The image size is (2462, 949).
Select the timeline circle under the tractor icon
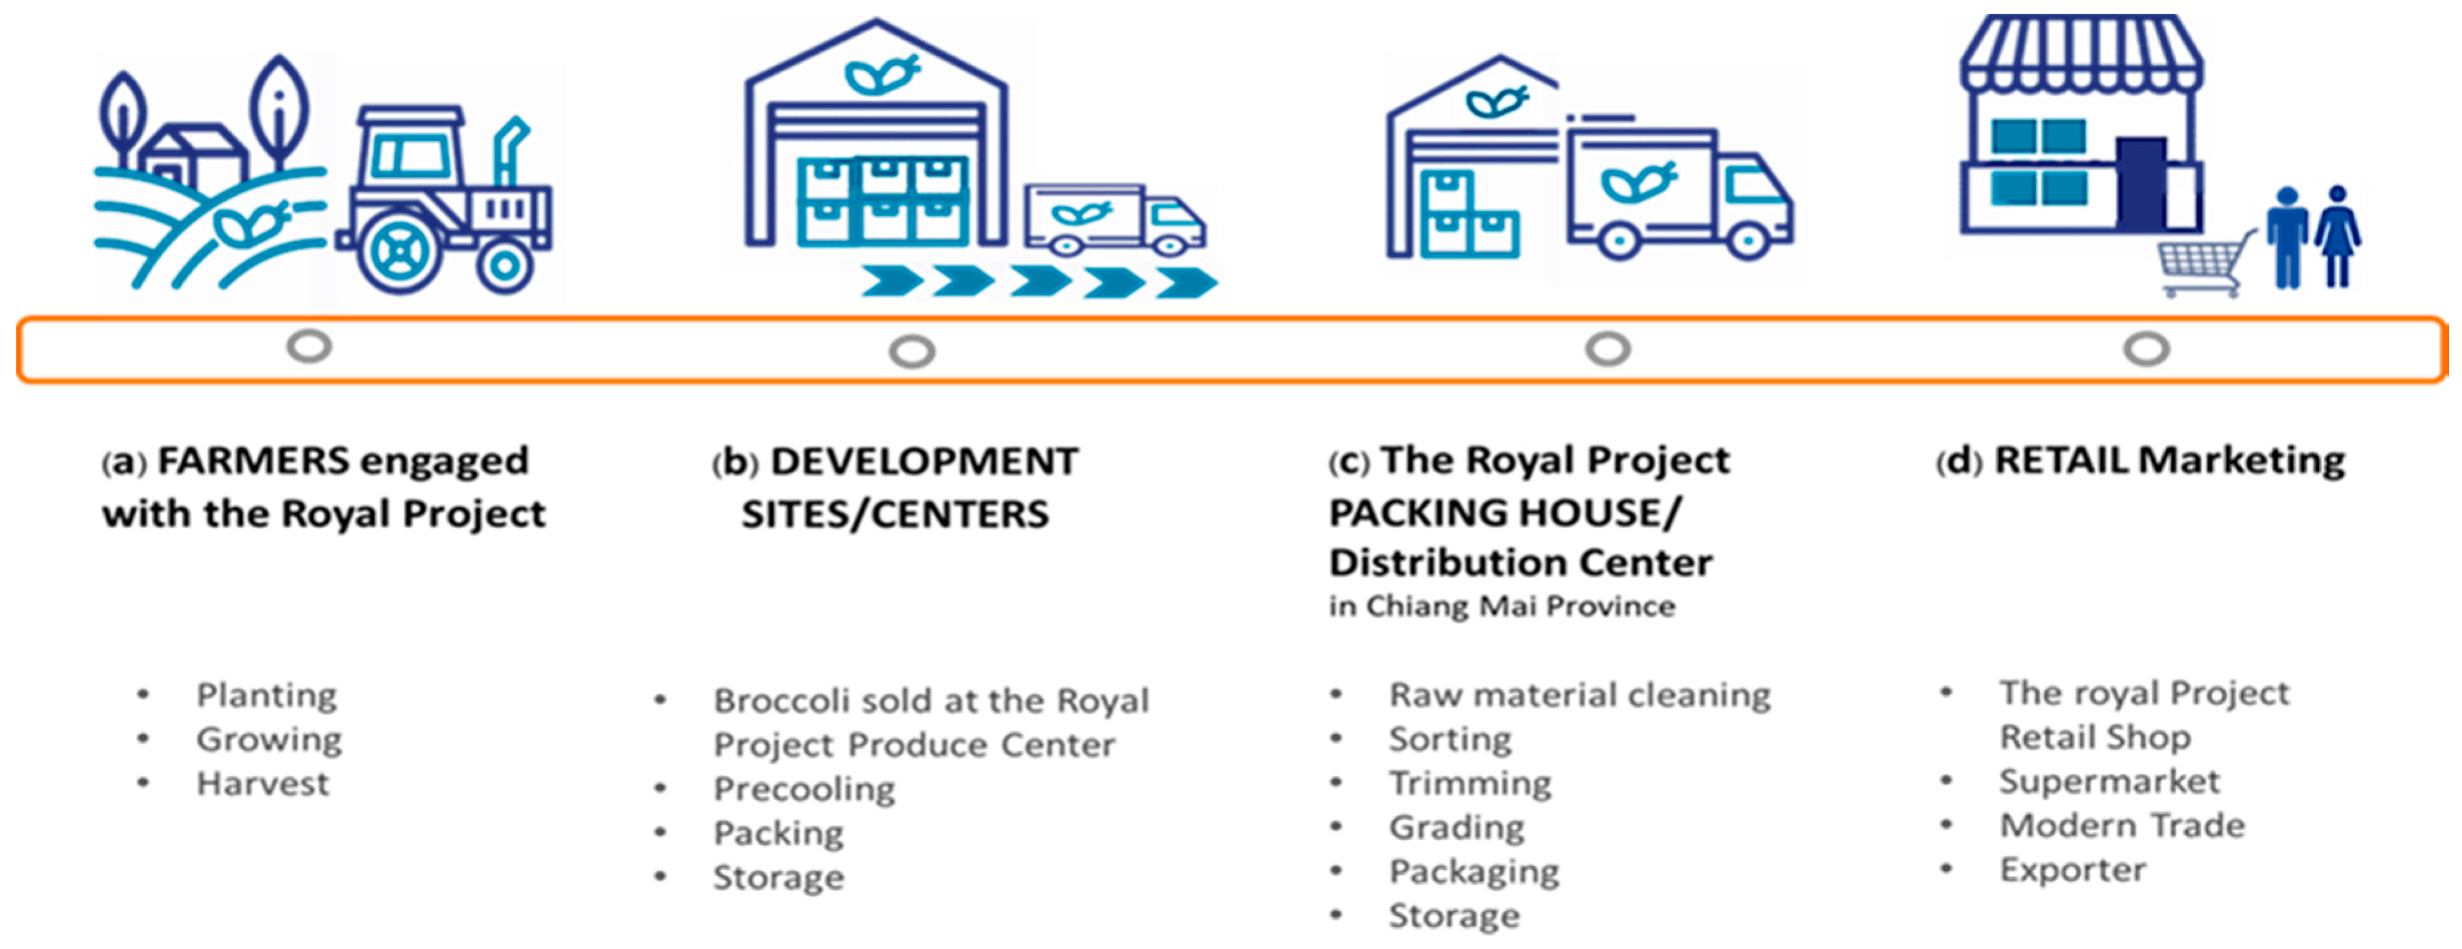pyautogui.click(x=309, y=346)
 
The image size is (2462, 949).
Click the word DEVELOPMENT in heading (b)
pyautogui.click(x=924, y=461)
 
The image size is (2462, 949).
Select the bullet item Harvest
pyautogui.click(x=263, y=784)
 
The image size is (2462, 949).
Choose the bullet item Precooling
pyautogui.click(x=804, y=789)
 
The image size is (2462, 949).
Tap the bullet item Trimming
pyautogui.click(x=1470, y=784)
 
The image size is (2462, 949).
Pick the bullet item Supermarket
pyautogui.click(x=2109, y=782)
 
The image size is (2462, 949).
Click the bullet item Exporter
pyautogui.click(x=2072, y=870)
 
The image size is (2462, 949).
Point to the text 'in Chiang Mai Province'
pyautogui.click(x=1502, y=606)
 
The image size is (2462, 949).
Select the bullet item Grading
pyautogui.click(x=1457, y=827)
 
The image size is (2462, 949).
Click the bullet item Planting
pyautogui.click(x=267, y=695)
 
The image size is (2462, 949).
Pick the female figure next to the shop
pyautogui.click(x=2338, y=235)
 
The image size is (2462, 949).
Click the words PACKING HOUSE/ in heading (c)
pyautogui.click(x=1505, y=513)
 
